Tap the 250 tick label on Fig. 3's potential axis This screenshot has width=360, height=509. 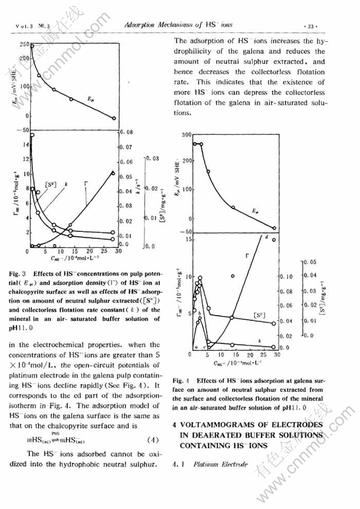point(23,44)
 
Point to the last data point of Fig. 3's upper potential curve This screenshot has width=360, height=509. point(114,118)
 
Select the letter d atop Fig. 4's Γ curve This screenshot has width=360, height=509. point(266,236)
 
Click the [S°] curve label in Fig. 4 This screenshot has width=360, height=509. point(260,316)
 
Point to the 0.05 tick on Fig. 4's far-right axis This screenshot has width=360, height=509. point(311,262)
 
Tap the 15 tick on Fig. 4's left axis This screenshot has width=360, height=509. point(187,239)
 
